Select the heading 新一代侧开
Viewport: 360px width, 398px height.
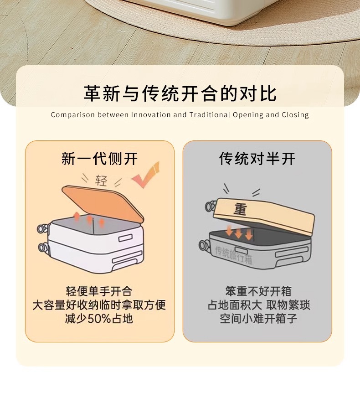[99, 159]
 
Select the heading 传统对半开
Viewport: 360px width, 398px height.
[257, 159]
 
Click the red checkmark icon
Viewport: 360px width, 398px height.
[146, 176]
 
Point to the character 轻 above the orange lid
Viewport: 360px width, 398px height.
[101, 181]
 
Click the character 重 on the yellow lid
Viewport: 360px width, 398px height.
[240, 209]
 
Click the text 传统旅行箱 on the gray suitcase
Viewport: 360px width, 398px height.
[233, 255]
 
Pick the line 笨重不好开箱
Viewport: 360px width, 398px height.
[258, 291]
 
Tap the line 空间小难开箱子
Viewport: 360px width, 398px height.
[258, 318]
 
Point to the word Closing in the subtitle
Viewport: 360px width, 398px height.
[295, 115]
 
